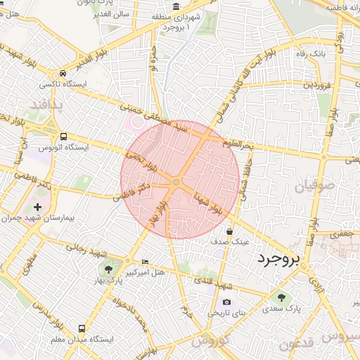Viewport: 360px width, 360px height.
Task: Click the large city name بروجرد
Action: point(278,259)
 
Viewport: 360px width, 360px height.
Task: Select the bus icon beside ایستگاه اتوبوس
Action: point(64,136)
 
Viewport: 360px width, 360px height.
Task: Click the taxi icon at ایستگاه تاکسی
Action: point(64,73)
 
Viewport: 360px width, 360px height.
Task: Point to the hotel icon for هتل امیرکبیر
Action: point(146,261)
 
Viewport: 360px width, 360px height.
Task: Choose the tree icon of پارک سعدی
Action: point(283,298)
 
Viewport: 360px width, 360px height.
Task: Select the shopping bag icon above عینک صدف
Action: point(230,231)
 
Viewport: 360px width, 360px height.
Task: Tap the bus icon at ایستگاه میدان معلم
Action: point(82,328)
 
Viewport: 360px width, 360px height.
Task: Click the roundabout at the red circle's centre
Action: point(176,183)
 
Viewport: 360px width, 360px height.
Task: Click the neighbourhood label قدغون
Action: point(295,345)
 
